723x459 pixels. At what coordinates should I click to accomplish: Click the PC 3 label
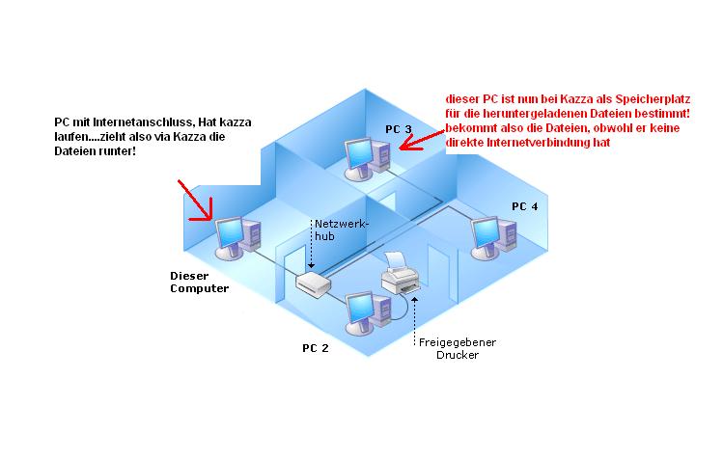tap(398, 129)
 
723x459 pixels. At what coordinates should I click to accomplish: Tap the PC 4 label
tap(525, 206)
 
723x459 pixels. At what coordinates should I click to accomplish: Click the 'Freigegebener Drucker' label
tap(449, 348)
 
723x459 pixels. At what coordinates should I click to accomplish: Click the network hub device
tap(315, 283)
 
